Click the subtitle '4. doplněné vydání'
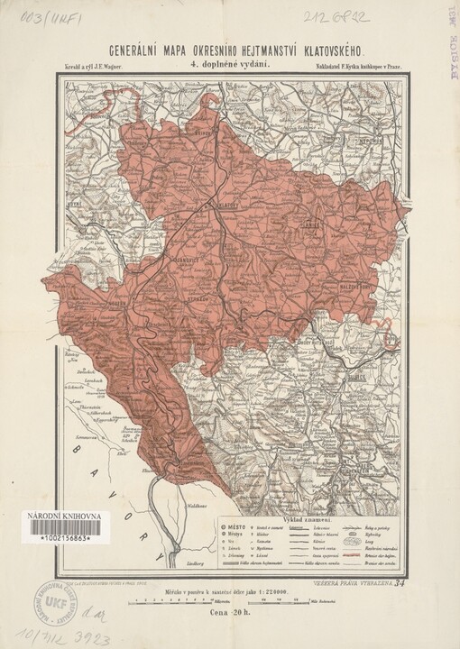tap(229, 66)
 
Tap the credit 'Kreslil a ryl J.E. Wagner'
tap(93, 67)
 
